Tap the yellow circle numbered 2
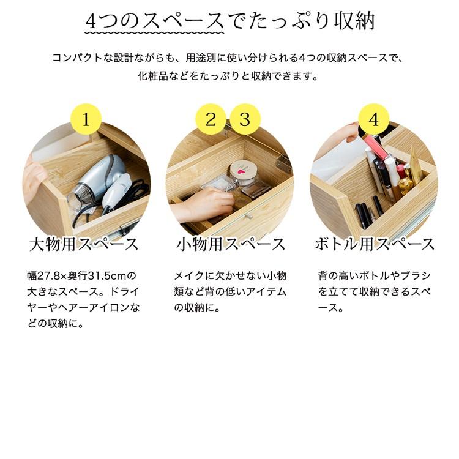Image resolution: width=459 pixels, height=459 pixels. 211,119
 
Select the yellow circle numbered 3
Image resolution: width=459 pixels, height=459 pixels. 245,119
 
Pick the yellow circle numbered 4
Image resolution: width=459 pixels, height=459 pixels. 374,119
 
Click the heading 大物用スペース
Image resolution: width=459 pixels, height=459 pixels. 84,245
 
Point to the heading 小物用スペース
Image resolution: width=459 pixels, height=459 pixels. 231,245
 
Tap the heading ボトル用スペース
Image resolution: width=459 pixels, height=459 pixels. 375,245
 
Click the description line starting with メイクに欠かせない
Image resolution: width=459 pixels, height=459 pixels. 230,276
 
